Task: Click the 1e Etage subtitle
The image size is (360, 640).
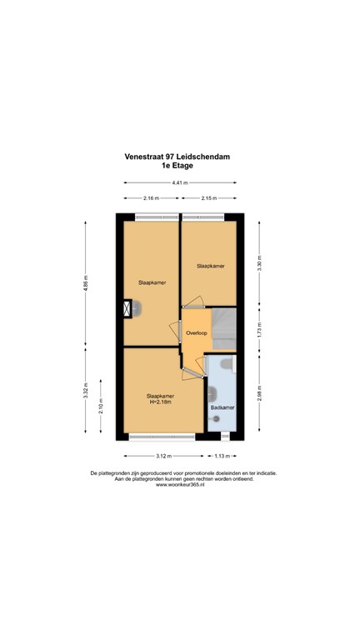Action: (180, 166)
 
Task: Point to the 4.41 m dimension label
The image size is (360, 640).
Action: (180, 182)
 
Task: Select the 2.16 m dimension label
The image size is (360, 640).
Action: (151, 198)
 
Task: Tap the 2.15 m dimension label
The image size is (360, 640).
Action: (208, 198)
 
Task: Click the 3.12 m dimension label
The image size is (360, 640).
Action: (163, 456)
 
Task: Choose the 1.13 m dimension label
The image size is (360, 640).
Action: (222, 456)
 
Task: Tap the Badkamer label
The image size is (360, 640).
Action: (222, 407)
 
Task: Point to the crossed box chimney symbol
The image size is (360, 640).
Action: (127, 309)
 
